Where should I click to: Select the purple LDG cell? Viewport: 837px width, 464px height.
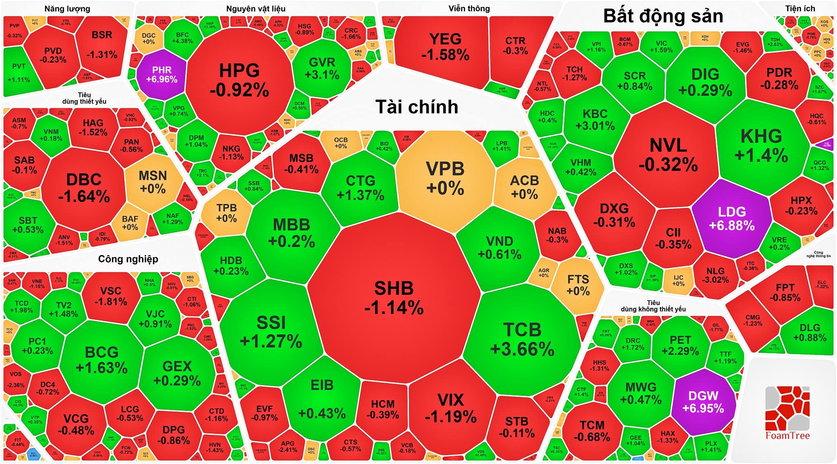pyautogui.click(x=732, y=219)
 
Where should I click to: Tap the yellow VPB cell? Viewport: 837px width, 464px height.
pyautogui.click(x=445, y=178)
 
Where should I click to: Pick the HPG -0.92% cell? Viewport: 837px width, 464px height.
pyautogui.click(x=239, y=80)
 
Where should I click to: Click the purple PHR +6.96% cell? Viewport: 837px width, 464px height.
pyautogui.click(x=161, y=74)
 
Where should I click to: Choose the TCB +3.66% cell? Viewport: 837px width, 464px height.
pyautogui.click(x=522, y=339)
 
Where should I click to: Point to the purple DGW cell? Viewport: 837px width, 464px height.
pyautogui.click(x=703, y=401)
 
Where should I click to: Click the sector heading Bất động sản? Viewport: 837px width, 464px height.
pyautogui.click(x=663, y=16)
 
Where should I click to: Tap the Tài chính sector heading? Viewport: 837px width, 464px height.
pyautogui.click(x=416, y=107)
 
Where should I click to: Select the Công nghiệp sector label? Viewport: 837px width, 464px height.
pyautogui.click(x=128, y=259)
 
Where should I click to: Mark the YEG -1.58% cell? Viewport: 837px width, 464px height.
pyautogui.click(x=445, y=47)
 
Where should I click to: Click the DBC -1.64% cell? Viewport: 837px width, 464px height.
pyautogui.click(x=84, y=188)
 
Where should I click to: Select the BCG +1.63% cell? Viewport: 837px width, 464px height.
pyautogui.click(x=102, y=359)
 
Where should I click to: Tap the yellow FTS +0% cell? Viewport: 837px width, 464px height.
pyautogui.click(x=578, y=285)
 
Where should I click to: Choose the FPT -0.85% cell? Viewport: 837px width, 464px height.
pyautogui.click(x=785, y=292)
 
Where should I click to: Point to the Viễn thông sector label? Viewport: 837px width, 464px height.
pyautogui.click(x=469, y=9)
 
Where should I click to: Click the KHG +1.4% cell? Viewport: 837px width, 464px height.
pyautogui.click(x=761, y=145)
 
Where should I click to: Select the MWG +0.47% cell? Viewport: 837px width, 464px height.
pyautogui.click(x=640, y=393)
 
